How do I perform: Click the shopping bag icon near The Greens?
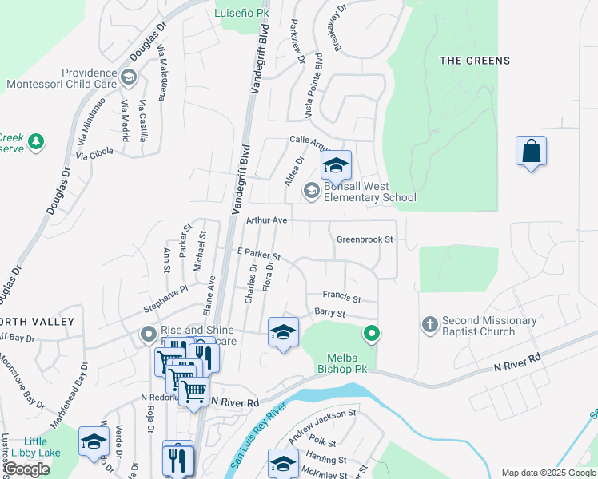532,152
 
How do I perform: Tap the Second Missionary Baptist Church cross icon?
429,324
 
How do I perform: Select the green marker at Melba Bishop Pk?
370,334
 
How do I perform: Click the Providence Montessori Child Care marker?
130,78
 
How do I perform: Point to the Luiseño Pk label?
243,12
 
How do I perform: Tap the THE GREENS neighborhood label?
475,61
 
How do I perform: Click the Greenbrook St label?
365,239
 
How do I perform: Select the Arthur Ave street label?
266,220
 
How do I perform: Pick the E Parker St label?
258,254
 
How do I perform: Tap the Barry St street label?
329,314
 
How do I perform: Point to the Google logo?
27,469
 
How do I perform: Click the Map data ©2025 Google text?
548,473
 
